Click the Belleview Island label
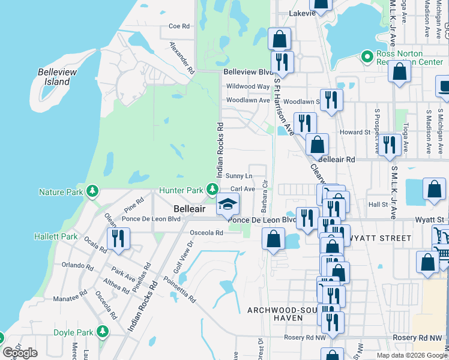pos(58,76)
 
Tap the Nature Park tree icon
pos(92,191)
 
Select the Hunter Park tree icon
pos(212,190)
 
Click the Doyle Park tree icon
pos(103,331)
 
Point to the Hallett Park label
pos(56,236)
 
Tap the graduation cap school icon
pos(228,204)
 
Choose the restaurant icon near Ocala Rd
pos(118,239)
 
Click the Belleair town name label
pos(190,208)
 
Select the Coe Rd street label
pos(179,26)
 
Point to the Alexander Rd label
pos(182,57)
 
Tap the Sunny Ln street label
pos(239,176)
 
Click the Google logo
pos(20,352)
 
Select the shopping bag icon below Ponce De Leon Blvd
pos(274,238)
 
